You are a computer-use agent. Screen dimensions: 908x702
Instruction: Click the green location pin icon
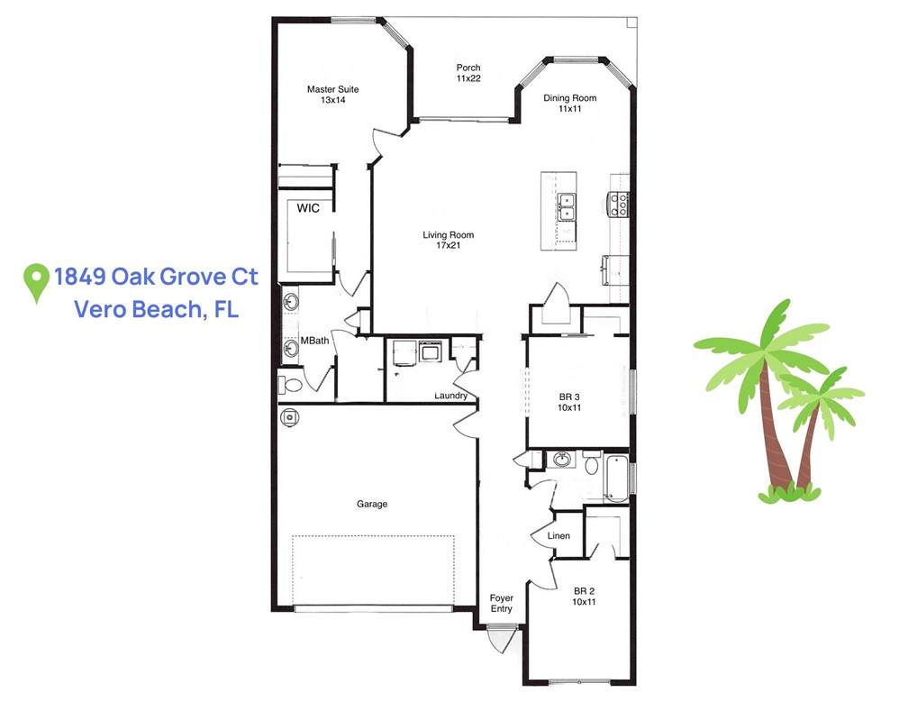pyautogui.click(x=36, y=283)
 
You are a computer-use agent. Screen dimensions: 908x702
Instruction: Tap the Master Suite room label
pyautogui.click(x=332, y=95)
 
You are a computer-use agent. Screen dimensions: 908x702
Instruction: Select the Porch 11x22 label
pyautogui.click(x=468, y=73)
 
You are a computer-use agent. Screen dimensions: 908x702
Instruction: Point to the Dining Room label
pyautogui.click(x=570, y=103)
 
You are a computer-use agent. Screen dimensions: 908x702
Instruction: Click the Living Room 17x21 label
pyautogui.click(x=449, y=240)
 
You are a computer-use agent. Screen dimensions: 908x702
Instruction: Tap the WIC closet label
pyautogui.click(x=308, y=208)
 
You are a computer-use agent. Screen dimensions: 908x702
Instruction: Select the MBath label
pyautogui.click(x=314, y=341)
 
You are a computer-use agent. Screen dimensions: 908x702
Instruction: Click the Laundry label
pyautogui.click(x=450, y=396)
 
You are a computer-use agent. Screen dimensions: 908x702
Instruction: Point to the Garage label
pyautogui.click(x=372, y=504)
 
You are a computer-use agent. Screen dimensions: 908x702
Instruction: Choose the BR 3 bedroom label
pyautogui.click(x=569, y=402)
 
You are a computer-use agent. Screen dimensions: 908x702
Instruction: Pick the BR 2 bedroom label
pyautogui.click(x=584, y=597)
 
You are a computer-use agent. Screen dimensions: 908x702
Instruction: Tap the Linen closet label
pyautogui.click(x=558, y=536)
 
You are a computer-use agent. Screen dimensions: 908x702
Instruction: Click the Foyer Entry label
pyautogui.click(x=502, y=603)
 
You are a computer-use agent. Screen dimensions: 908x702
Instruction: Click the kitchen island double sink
pyautogui.click(x=567, y=207)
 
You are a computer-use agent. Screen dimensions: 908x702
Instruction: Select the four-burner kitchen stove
pyautogui.click(x=619, y=205)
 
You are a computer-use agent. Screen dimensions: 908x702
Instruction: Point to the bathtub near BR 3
pyautogui.click(x=616, y=479)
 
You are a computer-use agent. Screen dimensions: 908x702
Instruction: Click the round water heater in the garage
pyautogui.click(x=289, y=417)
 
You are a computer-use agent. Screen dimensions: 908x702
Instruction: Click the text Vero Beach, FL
pyautogui.click(x=157, y=309)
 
